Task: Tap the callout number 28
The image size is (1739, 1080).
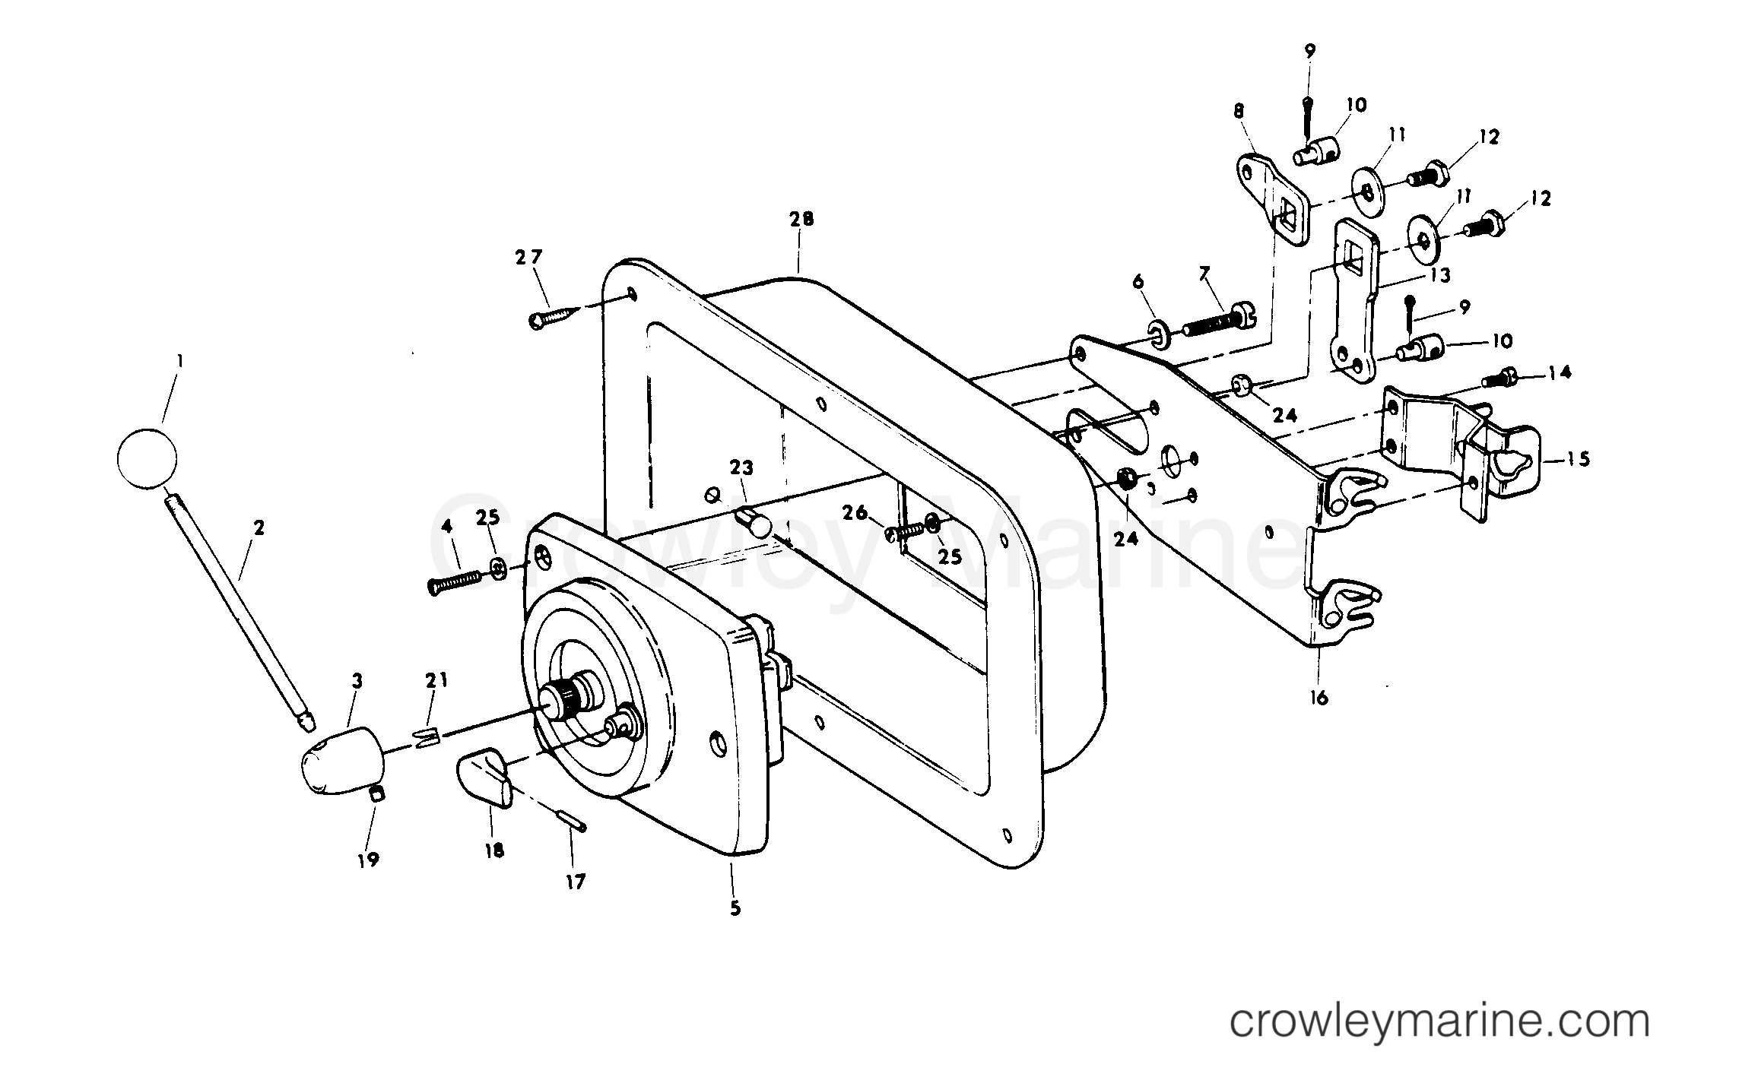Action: coord(801,219)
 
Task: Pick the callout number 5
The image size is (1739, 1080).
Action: coord(735,908)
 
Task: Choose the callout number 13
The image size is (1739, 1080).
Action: coord(1440,275)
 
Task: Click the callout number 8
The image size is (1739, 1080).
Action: coord(1239,111)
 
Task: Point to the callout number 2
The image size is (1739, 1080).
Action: coord(259,527)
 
